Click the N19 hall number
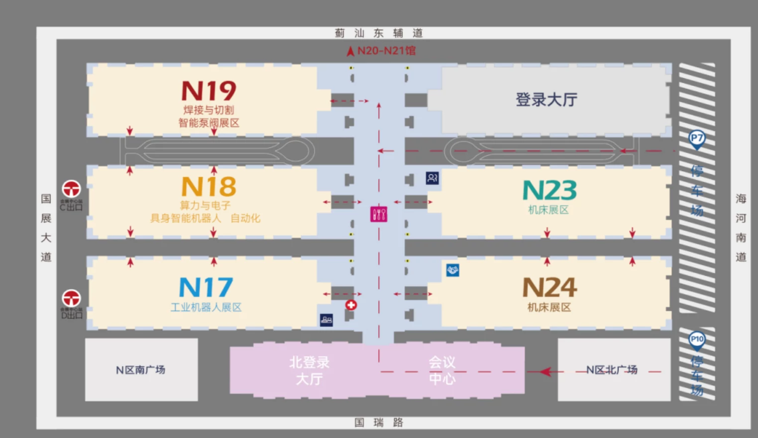(x=209, y=91)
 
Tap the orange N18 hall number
(x=209, y=187)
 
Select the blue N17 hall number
(x=206, y=288)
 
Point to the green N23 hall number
(x=549, y=191)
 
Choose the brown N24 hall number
(x=549, y=288)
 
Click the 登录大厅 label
(x=546, y=100)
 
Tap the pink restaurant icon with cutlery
(x=379, y=214)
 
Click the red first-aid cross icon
(x=351, y=305)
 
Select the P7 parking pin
(x=697, y=138)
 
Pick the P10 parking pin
(x=697, y=339)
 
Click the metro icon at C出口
(x=71, y=189)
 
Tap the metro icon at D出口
(x=71, y=298)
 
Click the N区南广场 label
(x=141, y=370)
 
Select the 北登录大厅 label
(x=309, y=370)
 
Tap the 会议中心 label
(x=442, y=370)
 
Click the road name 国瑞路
(x=378, y=423)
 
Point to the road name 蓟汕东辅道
(x=378, y=33)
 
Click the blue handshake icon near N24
(x=452, y=270)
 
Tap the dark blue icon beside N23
(x=432, y=178)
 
